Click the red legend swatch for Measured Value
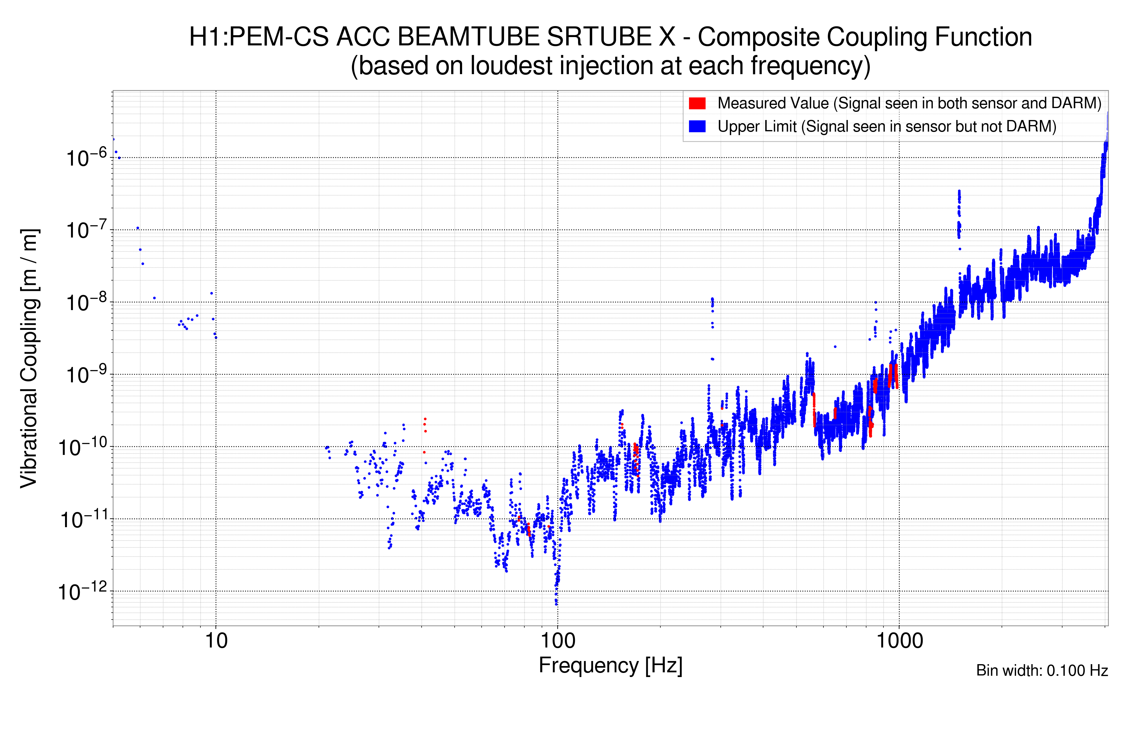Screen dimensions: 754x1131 tap(697, 103)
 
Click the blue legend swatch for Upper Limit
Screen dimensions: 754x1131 tap(697, 127)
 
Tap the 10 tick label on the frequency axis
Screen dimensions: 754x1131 tap(216, 641)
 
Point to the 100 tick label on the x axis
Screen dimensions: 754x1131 tap(557, 641)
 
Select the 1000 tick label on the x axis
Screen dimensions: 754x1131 tap(899, 641)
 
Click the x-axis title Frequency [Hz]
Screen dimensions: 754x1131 tap(610, 666)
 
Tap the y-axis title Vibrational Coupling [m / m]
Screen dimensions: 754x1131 tap(29, 358)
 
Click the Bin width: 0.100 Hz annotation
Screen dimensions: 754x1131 tap(1041, 670)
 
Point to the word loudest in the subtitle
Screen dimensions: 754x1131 tap(511, 66)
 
